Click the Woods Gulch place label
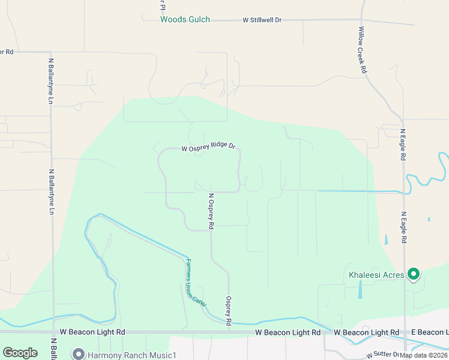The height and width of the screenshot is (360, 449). pyautogui.click(x=185, y=20)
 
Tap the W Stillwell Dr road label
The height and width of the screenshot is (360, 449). pyautogui.click(x=262, y=20)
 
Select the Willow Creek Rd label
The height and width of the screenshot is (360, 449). pyautogui.click(x=363, y=50)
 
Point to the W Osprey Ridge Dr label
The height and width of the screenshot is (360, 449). pyautogui.click(x=208, y=146)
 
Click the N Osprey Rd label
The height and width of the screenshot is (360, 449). pyautogui.click(x=211, y=212)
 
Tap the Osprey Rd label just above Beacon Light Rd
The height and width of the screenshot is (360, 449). pyautogui.click(x=229, y=311)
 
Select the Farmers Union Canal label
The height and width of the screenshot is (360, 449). pyautogui.click(x=196, y=283)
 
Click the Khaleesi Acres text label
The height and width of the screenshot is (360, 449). pyautogui.click(x=376, y=275)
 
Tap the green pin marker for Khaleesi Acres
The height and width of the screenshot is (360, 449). pyautogui.click(x=414, y=275)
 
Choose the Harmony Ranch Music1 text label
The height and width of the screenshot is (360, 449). pyautogui.click(x=131, y=355)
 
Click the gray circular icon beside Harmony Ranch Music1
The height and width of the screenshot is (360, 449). pyautogui.click(x=77, y=354)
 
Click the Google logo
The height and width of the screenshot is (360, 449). pyautogui.click(x=20, y=353)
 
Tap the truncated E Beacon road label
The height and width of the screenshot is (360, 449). pyautogui.click(x=429, y=332)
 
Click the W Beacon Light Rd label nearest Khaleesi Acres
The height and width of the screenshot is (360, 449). pyautogui.click(x=366, y=332)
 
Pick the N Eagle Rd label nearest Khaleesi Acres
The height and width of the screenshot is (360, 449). pyautogui.click(x=404, y=227)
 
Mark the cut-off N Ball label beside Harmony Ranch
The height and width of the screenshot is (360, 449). pyautogui.click(x=53, y=352)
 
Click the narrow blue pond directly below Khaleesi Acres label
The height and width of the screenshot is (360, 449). pyautogui.click(x=360, y=290)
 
